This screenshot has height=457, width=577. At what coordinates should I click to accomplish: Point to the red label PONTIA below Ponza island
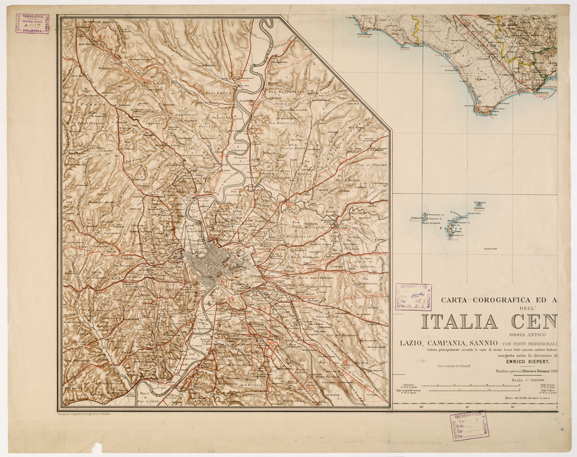[452, 239]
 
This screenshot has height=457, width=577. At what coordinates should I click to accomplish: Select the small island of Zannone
[479, 208]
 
